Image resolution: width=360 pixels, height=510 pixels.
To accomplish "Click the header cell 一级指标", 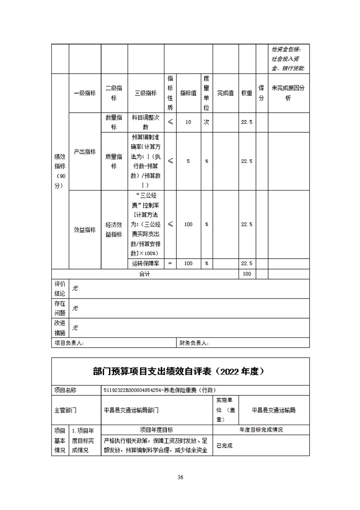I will (85, 93).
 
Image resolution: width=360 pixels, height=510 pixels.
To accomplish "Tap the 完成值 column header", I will (225, 93).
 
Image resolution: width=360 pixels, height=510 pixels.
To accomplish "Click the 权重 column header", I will (247, 93).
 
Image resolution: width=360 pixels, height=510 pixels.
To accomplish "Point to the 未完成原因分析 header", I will (288, 93).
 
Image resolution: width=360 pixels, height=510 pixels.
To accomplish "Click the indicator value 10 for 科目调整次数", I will (188, 122).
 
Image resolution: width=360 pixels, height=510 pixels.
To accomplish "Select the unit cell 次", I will (206, 122).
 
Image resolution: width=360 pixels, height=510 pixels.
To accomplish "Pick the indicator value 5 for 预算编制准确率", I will (188, 161).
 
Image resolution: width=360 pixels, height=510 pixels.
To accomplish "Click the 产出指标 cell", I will (85, 152).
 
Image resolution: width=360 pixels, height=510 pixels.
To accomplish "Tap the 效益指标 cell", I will (85, 230).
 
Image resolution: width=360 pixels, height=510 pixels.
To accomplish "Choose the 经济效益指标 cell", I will (114, 230).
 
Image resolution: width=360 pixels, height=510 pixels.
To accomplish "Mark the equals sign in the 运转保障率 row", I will (170, 264).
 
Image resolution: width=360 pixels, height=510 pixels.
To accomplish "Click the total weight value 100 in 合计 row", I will (247, 274).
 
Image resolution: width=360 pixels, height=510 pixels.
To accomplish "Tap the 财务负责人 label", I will (194, 343).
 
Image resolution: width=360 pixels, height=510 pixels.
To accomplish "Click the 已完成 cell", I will (225, 446).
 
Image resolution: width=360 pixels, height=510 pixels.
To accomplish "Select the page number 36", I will (180, 477).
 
